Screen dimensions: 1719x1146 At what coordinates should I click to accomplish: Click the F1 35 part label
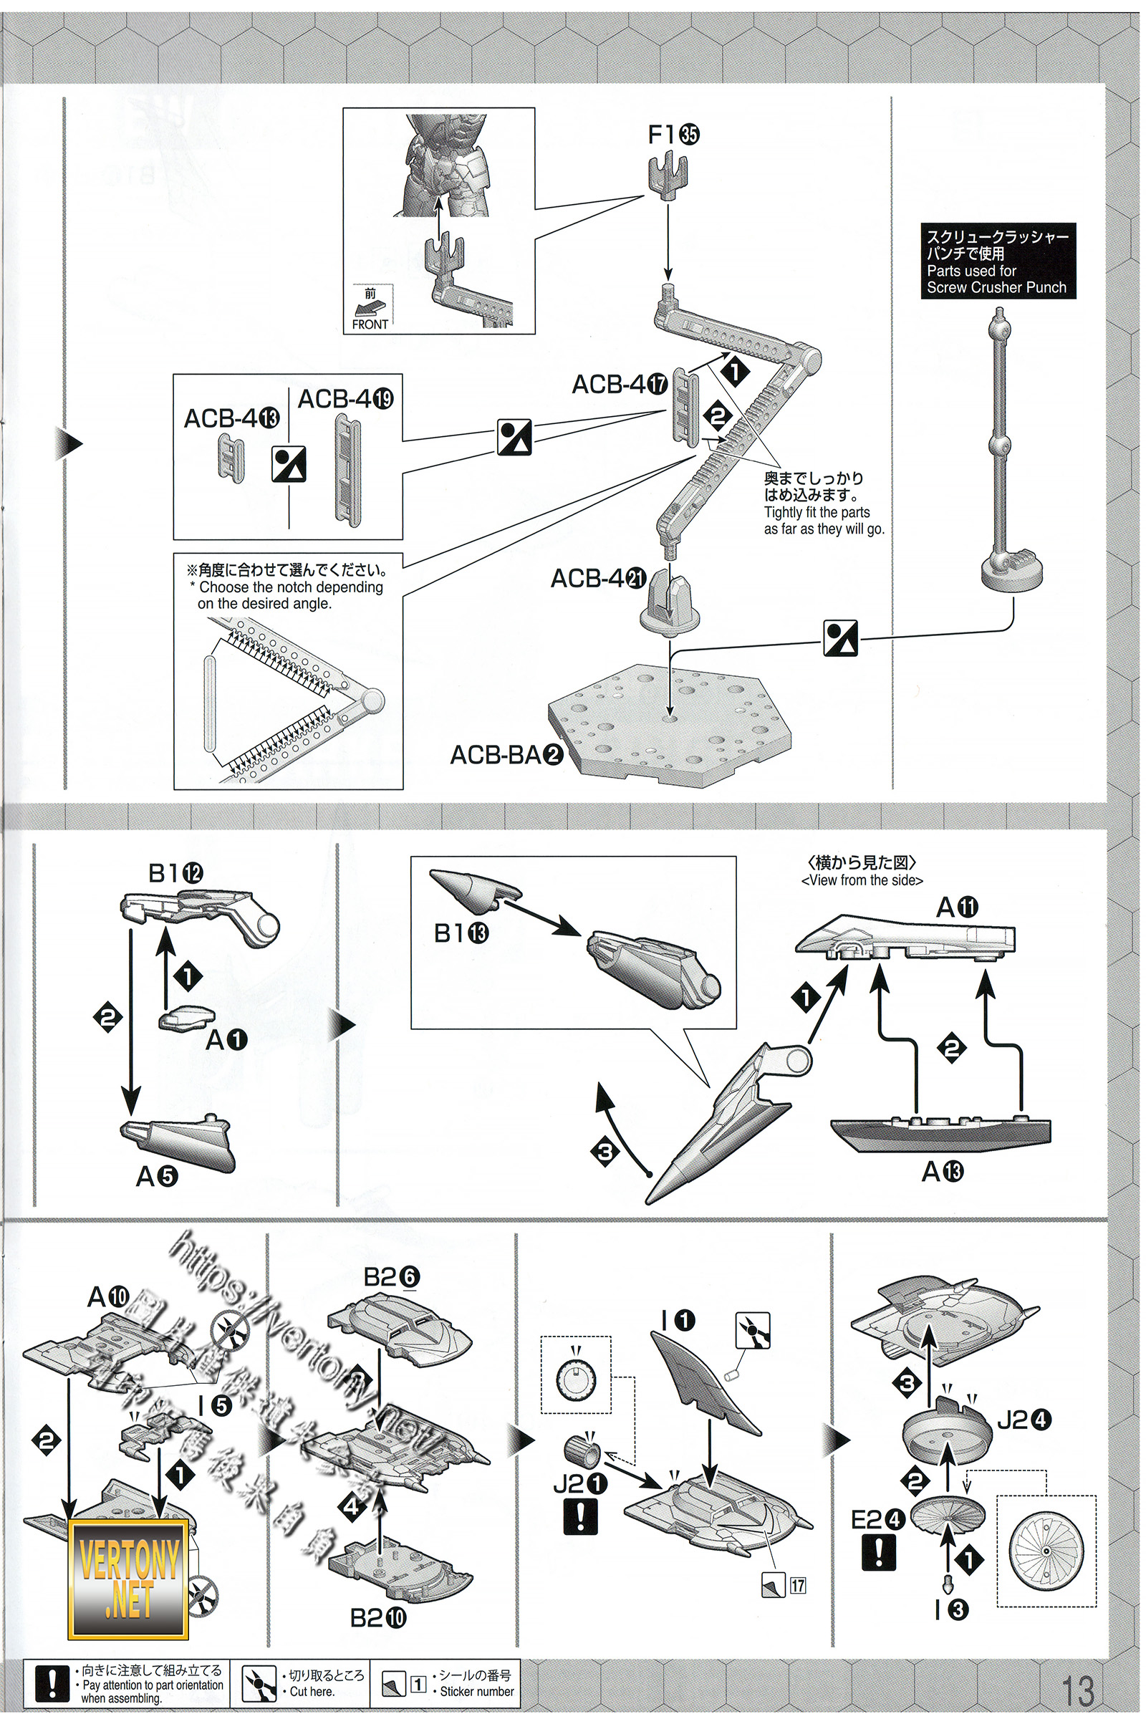pyautogui.click(x=673, y=135)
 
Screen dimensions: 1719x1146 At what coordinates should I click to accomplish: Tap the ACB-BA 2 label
pyautogui.click(x=506, y=754)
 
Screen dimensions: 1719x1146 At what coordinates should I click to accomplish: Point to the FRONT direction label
pyautogui.click(x=370, y=324)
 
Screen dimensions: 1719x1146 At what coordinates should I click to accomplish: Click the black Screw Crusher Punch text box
pyautogui.click(x=998, y=261)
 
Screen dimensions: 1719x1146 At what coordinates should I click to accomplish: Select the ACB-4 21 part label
pyautogui.click(x=598, y=578)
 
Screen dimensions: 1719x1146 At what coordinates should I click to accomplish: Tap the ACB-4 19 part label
pyautogui.click(x=345, y=399)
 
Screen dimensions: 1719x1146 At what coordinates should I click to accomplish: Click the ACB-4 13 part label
pyautogui.click(x=231, y=419)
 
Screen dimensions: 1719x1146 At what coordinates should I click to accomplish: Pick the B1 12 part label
pyautogui.click(x=175, y=872)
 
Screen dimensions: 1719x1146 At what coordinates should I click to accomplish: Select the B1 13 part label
pyautogui.click(x=461, y=933)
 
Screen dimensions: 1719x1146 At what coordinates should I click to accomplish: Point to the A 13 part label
pyautogui.click(x=942, y=1173)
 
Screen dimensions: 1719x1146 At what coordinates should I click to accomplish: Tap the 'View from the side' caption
pyautogui.click(x=862, y=881)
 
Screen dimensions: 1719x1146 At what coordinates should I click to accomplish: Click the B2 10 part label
pyautogui.click(x=378, y=1618)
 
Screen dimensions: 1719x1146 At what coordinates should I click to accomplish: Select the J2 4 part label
pyautogui.click(x=1024, y=1420)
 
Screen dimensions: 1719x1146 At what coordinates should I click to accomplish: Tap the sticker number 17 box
pyautogui.click(x=797, y=1585)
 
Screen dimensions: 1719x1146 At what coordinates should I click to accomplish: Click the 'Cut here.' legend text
pyautogui.click(x=312, y=1691)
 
